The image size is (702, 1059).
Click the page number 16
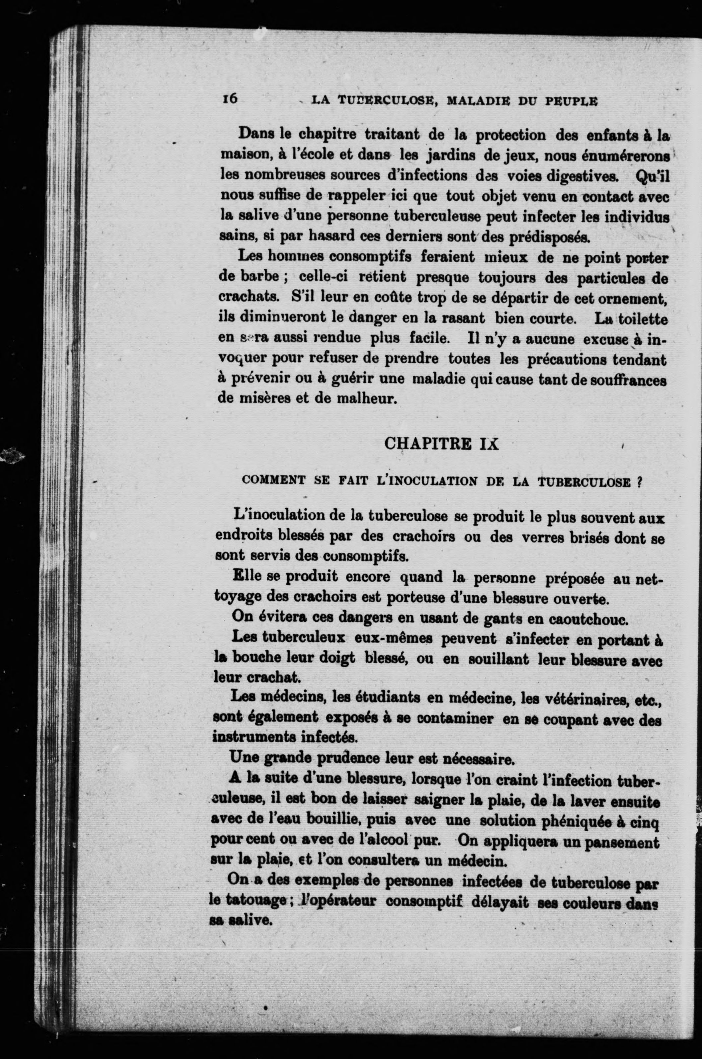pos(230,99)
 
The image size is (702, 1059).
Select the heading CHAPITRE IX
pos(441,444)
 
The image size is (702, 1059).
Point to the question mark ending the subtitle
pos(640,482)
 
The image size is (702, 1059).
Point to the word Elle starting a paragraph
pos(246,576)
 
